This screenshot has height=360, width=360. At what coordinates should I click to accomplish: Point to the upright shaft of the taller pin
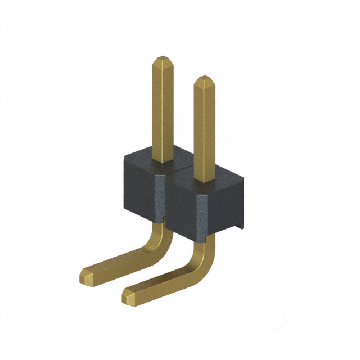click(163, 107)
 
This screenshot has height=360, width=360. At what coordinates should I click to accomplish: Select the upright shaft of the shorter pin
click(204, 129)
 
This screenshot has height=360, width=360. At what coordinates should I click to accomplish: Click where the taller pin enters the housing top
click(163, 160)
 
